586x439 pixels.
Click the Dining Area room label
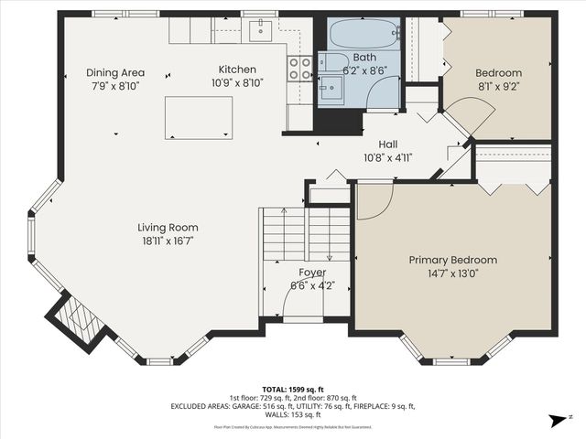115,72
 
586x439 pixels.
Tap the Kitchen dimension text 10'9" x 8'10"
237,82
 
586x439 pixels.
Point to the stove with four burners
299,67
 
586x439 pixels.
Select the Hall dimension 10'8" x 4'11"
388,156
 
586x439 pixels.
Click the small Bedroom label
498,73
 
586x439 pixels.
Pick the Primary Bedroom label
452,260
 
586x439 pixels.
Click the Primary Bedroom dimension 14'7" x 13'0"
452,272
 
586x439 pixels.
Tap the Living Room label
168,228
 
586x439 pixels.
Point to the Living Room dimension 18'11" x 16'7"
168,240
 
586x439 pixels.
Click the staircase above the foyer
305,234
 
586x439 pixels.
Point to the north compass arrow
555,419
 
